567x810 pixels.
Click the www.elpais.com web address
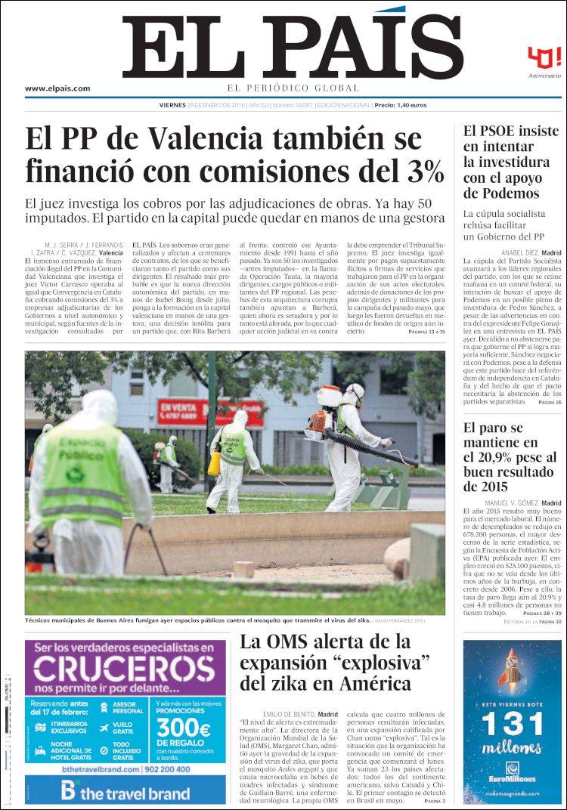point(57,88)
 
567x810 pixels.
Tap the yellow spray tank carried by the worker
point(215,462)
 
